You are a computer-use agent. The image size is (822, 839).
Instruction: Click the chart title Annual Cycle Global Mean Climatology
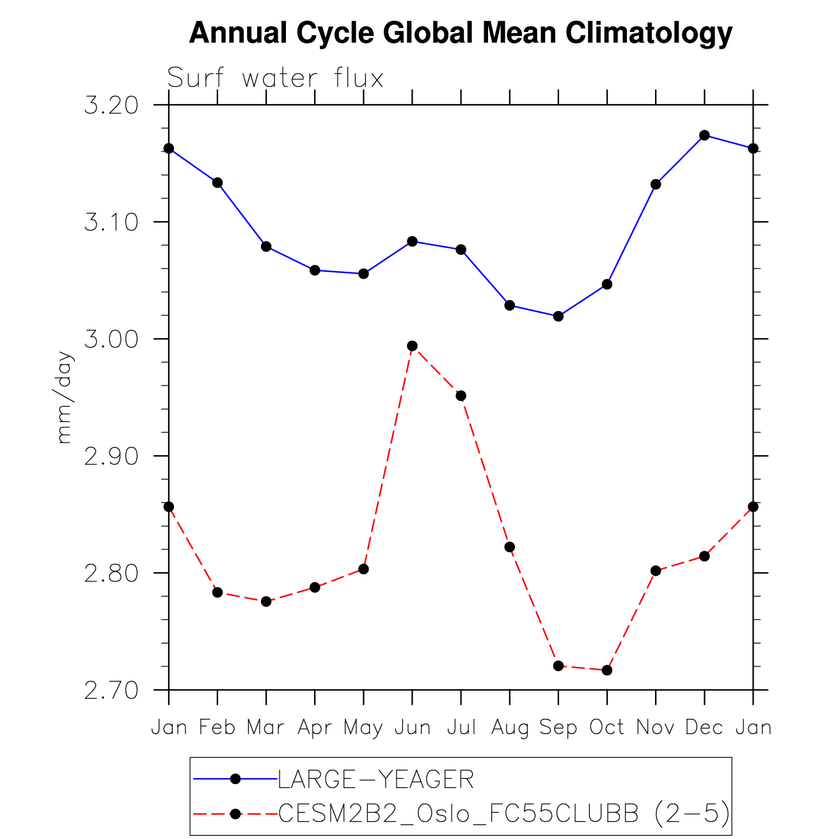461,33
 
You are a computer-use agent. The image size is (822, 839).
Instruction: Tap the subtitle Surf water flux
275,79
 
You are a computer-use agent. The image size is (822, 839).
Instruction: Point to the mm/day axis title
65,397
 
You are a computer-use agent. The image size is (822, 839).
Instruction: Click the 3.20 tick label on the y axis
111,106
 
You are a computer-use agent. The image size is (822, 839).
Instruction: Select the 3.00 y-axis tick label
111,339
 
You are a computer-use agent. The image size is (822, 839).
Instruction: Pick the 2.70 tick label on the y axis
111,691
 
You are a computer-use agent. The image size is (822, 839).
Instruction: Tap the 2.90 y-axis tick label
111,457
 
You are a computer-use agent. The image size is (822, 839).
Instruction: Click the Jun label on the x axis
412,728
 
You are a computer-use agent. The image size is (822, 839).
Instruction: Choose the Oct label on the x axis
607,728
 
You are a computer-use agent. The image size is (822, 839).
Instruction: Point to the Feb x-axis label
217,728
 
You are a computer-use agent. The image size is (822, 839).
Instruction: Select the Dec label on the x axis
704,728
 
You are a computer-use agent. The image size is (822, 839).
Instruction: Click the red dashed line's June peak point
413,346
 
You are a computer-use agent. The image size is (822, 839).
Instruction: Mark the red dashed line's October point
607,670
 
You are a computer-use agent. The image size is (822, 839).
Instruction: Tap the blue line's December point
704,135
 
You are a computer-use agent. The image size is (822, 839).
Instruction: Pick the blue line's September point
558,316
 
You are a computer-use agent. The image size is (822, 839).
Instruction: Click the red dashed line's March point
266,601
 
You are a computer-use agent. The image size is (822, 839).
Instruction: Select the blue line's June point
413,241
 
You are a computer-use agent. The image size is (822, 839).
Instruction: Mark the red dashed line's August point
510,547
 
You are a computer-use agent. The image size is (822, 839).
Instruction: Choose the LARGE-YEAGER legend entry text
375,780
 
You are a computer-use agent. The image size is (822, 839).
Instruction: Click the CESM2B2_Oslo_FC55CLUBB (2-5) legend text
504,813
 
